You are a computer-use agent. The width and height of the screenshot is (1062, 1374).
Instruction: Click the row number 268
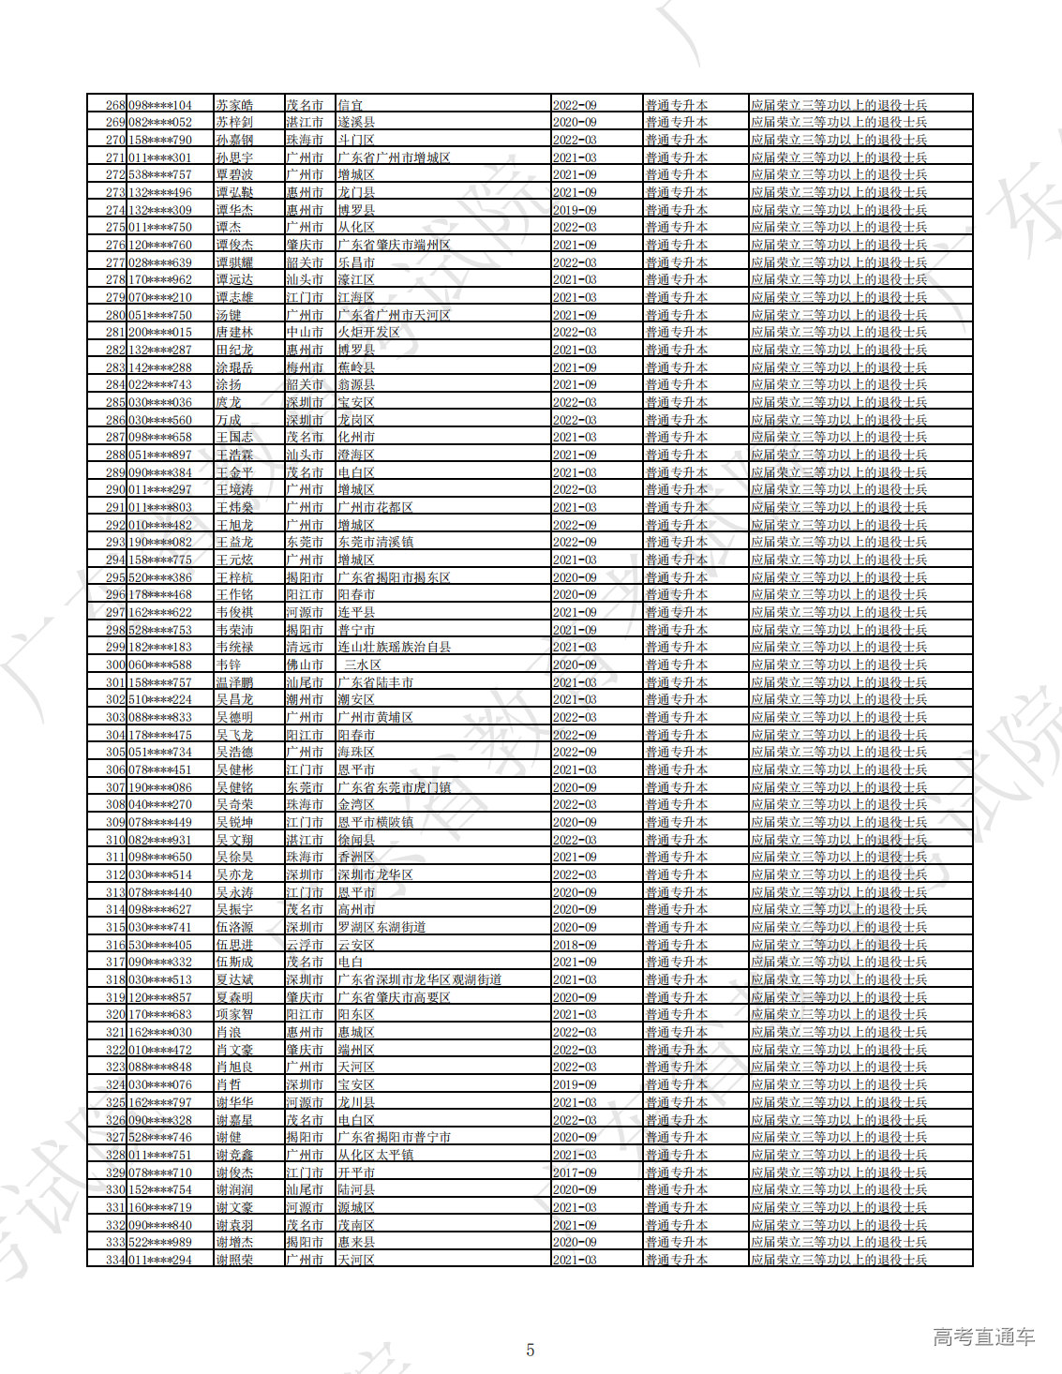tap(115, 105)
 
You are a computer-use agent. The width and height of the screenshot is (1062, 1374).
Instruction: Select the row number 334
tap(115, 1260)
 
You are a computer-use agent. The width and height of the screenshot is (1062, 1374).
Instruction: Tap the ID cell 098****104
tap(160, 105)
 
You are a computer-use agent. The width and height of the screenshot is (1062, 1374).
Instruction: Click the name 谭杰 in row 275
tap(229, 228)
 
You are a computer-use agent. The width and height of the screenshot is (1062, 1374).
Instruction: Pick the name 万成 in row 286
tap(229, 420)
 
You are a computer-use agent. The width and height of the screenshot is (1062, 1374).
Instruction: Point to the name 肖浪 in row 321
tap(229, 1032)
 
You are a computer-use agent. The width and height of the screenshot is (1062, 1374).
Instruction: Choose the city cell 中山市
tap(305, 333)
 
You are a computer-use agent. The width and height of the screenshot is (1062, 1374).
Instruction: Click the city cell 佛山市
tap(305, 665)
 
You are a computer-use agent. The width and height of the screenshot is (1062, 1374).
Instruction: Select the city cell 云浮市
tap(305, 945)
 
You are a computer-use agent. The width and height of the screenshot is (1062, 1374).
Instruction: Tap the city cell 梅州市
tap(305, 367)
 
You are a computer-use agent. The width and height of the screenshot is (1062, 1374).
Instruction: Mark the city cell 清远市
tap(305, 648)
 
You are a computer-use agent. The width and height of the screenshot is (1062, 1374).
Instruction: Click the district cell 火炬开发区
tap(368, 333)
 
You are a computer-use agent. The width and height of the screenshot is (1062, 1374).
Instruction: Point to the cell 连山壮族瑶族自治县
tap(394, 648)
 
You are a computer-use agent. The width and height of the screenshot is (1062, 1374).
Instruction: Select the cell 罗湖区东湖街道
tap(381, 927)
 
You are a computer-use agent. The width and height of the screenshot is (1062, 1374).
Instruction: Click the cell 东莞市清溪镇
tap(375, 543)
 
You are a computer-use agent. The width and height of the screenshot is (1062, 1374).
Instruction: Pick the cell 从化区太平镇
tap(375, 1155)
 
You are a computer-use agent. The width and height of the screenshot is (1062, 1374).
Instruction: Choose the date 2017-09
tap(575, 1172)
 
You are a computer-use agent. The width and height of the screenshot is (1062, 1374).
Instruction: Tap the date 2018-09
tap(575, 945)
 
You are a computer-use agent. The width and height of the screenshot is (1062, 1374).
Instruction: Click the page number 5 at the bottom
tap(531, 1351)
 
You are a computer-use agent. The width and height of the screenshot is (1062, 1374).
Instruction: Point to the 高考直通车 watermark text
tap(983, 1337)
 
